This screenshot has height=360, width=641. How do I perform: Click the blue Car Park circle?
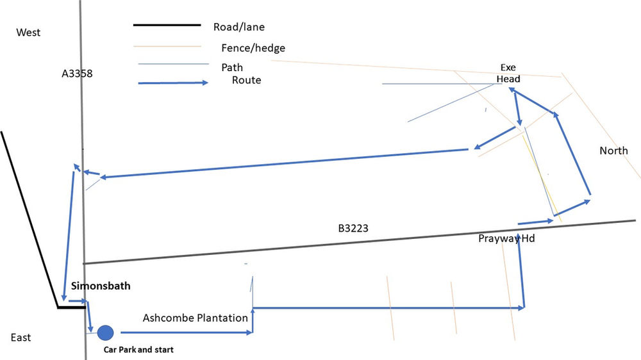[x=106, y=333]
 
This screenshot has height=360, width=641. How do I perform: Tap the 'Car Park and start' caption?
[x=138, y=350]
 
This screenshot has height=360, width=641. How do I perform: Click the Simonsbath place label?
[x=101, y=286]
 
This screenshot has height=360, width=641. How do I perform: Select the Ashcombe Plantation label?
[x=196, y=318]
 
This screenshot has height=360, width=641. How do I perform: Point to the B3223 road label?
[x=353, y=229]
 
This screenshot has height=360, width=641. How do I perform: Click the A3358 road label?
[x=78, y=74]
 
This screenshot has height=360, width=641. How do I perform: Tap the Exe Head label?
[x=508, y=73]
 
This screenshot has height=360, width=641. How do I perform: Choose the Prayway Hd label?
[x=506, y=238]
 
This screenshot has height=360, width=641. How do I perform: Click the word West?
[x=28, y=33]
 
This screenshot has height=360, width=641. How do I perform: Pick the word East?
[x=21, y=338]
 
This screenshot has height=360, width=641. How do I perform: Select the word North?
[x=613, y=151]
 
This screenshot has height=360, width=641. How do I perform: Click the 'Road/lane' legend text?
[x=239, y=27]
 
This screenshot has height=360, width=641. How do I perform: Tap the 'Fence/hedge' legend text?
[x=253, y=48]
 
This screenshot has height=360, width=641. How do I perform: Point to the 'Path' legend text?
[x=232, y=67]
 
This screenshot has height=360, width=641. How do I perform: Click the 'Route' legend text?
[x=247, y=80]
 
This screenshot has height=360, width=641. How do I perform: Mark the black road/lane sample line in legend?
[x=167, y=26]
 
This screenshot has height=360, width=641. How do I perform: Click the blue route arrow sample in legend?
[x=173, y=83]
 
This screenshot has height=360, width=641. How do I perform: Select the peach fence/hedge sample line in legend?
[x=167, y=46]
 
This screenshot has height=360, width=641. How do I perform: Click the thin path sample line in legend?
[x=173, y=64]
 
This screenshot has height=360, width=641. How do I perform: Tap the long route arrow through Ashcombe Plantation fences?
[x=389, y=307]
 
